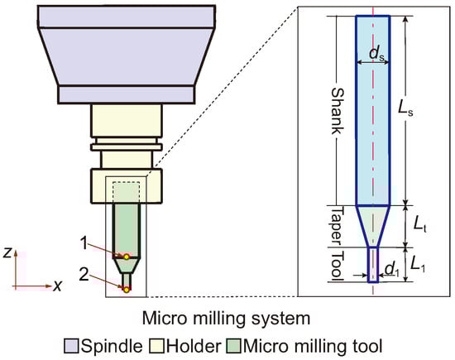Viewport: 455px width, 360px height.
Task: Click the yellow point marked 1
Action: click(127, 257)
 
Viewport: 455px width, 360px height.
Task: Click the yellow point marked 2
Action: click(127, 290)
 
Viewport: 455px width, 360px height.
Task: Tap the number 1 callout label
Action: click(84, 243)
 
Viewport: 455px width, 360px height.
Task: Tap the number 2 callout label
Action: click(84, 274)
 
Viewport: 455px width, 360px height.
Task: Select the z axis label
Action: click(7, 253)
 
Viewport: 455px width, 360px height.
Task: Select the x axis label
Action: click(58, 286)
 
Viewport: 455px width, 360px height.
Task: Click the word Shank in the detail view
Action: click(338, 111)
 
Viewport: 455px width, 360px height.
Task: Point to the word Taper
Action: click(337, 226)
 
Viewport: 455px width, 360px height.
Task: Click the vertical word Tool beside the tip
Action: click(337, 265)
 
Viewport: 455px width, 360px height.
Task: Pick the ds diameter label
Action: click(378, 54)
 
